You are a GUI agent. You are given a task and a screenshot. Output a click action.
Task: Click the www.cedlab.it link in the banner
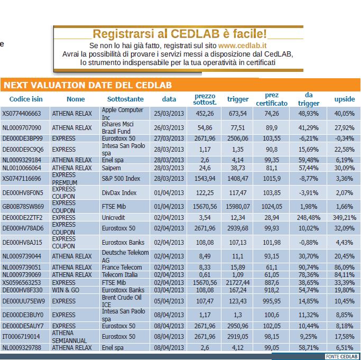[x=242, y=45]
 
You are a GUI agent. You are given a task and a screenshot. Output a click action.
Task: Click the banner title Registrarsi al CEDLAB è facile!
[x=180, y=34]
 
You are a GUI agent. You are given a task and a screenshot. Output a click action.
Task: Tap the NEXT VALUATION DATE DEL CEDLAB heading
[x=88, y=85]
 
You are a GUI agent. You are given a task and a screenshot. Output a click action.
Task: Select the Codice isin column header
[x=26, y=99]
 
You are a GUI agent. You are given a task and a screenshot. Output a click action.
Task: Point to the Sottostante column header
[x=125, y=99]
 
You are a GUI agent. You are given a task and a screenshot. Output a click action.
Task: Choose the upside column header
[x=345, y=99]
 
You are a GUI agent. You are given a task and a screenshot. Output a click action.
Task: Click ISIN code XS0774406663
[x=22, y=114]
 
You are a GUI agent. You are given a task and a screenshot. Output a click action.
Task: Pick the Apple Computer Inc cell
[x=123, y=114]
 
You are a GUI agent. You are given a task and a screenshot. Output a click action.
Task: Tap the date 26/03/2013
[x=169, y=127]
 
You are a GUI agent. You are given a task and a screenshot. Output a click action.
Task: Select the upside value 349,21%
[x=345, y=218]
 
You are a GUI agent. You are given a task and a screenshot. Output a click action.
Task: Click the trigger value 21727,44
[x=238, y=283]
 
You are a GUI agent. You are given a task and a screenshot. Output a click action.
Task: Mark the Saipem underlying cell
[x=111, y=168]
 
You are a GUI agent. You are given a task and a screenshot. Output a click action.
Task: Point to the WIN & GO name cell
[x=66, y=290]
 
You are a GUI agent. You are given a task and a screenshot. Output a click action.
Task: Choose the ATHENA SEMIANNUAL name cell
[x=69, y=337]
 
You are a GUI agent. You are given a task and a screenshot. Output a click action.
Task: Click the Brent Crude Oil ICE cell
[x=122, y=301]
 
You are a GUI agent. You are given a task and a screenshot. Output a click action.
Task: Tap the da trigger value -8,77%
[x=309, y=179]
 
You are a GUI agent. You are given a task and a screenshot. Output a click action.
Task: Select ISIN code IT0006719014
[x=21, y=337]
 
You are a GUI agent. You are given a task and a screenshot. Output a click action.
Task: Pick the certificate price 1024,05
[x=272, y=207]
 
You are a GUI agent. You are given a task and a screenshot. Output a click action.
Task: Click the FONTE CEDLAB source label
[x=341, y=356]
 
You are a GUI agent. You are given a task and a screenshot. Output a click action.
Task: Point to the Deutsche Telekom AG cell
[x=125, y=256]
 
